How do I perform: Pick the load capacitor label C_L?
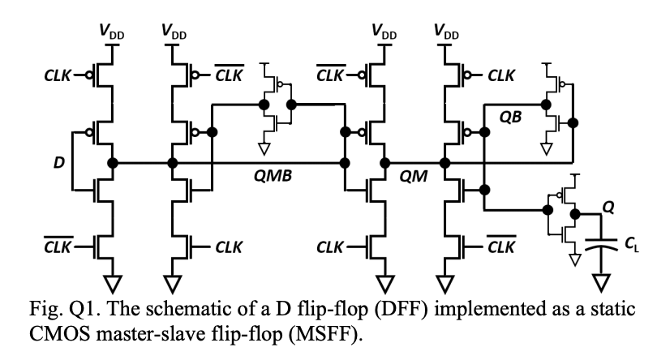point(630,244)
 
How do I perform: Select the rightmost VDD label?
point(445,32)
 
